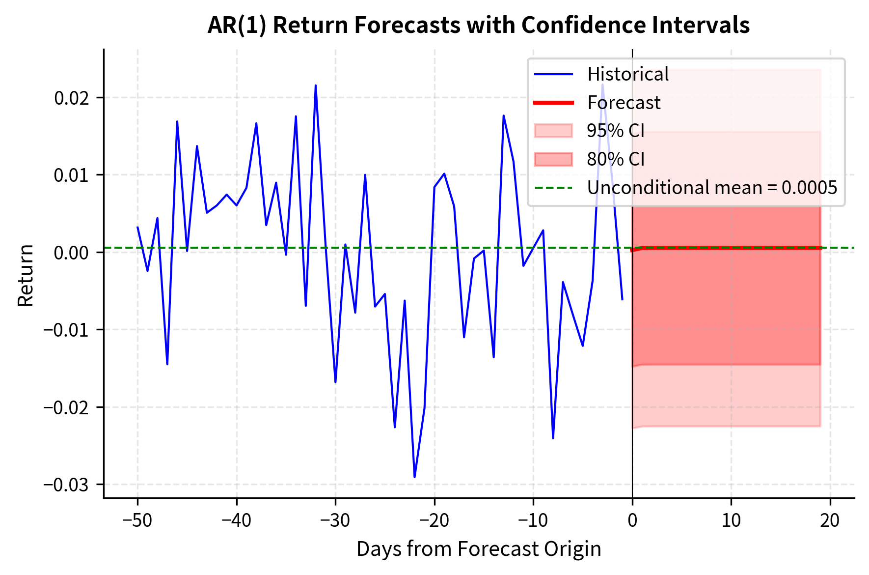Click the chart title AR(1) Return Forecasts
pos(478,25)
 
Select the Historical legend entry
pos(627,74)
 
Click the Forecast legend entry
pos(624,103)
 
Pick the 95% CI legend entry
pos(615,131)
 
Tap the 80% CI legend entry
pos(615,159)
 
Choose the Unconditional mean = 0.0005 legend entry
pos(711,188)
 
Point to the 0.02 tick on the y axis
pos(72,98)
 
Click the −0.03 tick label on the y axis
pos(66,485)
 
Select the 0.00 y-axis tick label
pos(72,253)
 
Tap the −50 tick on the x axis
pos(137,520)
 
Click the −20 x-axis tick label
pos(434,520)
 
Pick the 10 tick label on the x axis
pos(731,520)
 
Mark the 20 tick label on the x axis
pos(830,520)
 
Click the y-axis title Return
pos(26,275)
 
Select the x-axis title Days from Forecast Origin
pos(478,549)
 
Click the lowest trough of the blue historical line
pos(414,477)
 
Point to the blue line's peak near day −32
pos(316,86)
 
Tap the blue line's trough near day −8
pos(553,438)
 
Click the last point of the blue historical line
pos(622,299)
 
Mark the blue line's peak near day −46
pos(177,121)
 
